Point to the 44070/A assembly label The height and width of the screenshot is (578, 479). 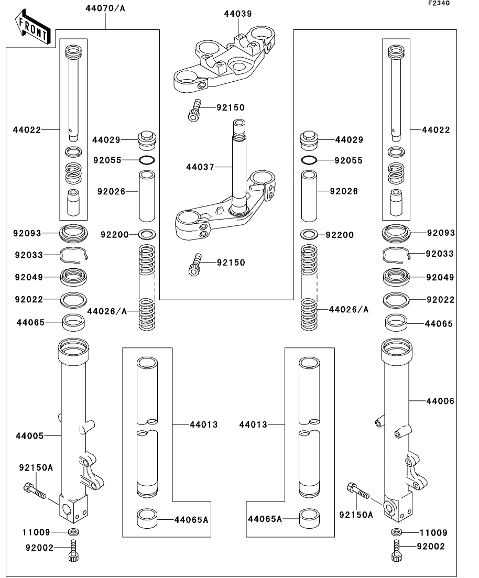click(x=106, y=8)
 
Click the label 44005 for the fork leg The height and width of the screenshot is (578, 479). click(x=30, y=435)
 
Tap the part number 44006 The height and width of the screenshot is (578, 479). click(x=440, y=401)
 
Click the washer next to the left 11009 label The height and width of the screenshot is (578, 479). click(x=73, y=533)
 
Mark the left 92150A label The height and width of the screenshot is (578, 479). click(x=36, y=467)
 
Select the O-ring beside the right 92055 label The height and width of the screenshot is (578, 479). click(x=309, y=160)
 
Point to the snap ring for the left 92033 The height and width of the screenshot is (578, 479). click(x=74, y=254)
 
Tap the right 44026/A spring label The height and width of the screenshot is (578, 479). click(x=349, y=310)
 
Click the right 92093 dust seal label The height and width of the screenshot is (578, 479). click(x=440, y=233)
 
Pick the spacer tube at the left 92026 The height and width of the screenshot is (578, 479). click(x=146, y=195)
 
